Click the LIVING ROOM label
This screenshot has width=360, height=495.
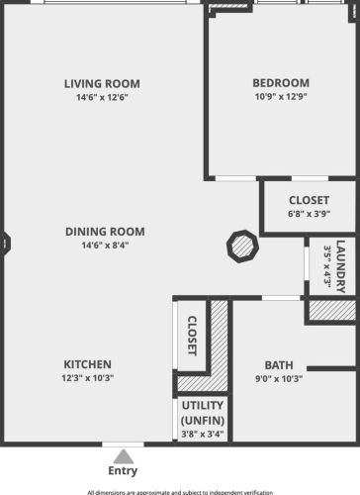(x=102, y=83)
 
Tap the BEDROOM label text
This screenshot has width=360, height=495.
(x=281, y=83)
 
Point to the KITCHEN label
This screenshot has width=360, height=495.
(x=88, y=363)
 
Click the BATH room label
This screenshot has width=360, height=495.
(x=278, y=364)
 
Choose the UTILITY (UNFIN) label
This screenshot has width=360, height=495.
(x=203, y=413)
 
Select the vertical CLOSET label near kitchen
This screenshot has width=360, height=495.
(x=192, y=336)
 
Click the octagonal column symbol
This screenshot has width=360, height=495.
(x=241, y=245)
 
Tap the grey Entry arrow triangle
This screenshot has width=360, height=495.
(x=123, y=456)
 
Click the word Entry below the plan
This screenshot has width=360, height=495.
(x=123, y=471)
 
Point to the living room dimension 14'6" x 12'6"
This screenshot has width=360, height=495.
(x=102, y=98)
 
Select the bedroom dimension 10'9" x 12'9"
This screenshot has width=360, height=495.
(x=281, y=98)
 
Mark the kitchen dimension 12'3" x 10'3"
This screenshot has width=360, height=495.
(x=88, y=377)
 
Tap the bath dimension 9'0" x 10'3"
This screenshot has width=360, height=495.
(x=278, y=378)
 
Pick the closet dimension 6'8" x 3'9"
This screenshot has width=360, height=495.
(x=309, y=213)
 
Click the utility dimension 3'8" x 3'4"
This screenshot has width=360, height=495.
(x=203, y=434)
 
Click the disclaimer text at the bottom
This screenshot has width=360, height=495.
(x=180, y=491)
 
